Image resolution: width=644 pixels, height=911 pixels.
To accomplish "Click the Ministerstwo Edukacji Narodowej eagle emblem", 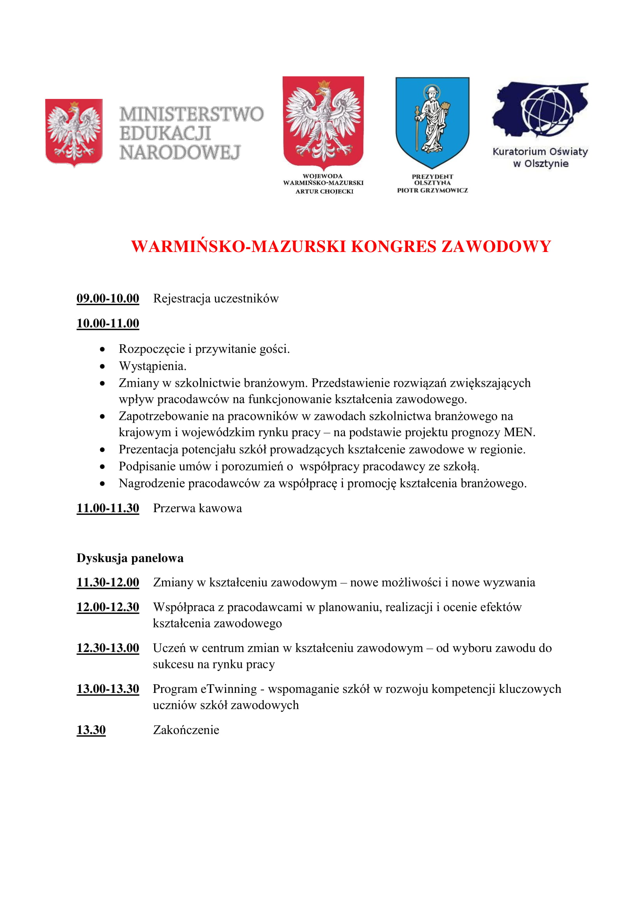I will [x=74, y=132].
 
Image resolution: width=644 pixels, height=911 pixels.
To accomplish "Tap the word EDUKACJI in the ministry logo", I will [x=165, y=133].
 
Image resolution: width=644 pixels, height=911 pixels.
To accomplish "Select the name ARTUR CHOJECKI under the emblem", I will [x=324, y=191].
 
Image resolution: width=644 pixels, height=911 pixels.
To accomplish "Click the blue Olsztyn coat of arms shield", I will [x=432, y=121].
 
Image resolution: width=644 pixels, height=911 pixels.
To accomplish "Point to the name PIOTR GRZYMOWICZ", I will [x=432, y=190].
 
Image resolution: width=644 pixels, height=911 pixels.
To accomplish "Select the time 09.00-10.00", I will [x=108, y=298].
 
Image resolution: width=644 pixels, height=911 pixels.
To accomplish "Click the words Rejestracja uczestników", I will [x=216, y=298].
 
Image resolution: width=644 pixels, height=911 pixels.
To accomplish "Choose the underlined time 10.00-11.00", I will [x=108, y=323].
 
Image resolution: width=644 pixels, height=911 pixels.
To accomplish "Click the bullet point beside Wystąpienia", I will [x=103, y=366].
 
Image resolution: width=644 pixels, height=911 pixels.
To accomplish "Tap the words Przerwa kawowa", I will [x=197, y=508].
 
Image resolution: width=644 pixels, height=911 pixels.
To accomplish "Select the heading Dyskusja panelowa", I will [x=130, y=558].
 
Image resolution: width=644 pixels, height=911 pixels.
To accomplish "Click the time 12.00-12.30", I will [x=108, y=607].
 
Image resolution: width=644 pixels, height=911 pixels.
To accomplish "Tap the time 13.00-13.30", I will [x=108, y=689].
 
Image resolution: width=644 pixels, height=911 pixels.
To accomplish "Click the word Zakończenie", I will [x=186, y=730].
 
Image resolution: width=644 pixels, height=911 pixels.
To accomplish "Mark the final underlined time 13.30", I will [x=91, y=730].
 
